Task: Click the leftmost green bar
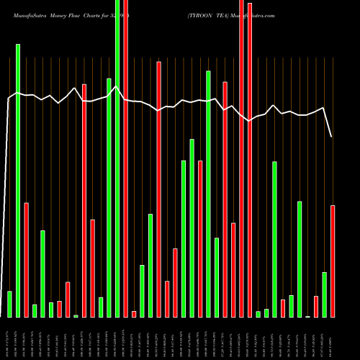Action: (x=9, y=304)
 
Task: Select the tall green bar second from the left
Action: (x=18, y=180)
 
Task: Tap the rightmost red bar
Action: (x=333, y=261)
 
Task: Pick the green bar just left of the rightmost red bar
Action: (x=325, y=294)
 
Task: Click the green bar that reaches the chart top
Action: (x=117, y=158)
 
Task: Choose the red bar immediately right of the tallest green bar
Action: (x=126, y=158)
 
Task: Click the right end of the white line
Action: (x=331, y=136)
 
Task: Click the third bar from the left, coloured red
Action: (x=26, y=259)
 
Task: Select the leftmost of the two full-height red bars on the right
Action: (x=241, y=158)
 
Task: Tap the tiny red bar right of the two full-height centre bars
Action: (x=134, y=313)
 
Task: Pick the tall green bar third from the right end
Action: (x=300, y=259)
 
